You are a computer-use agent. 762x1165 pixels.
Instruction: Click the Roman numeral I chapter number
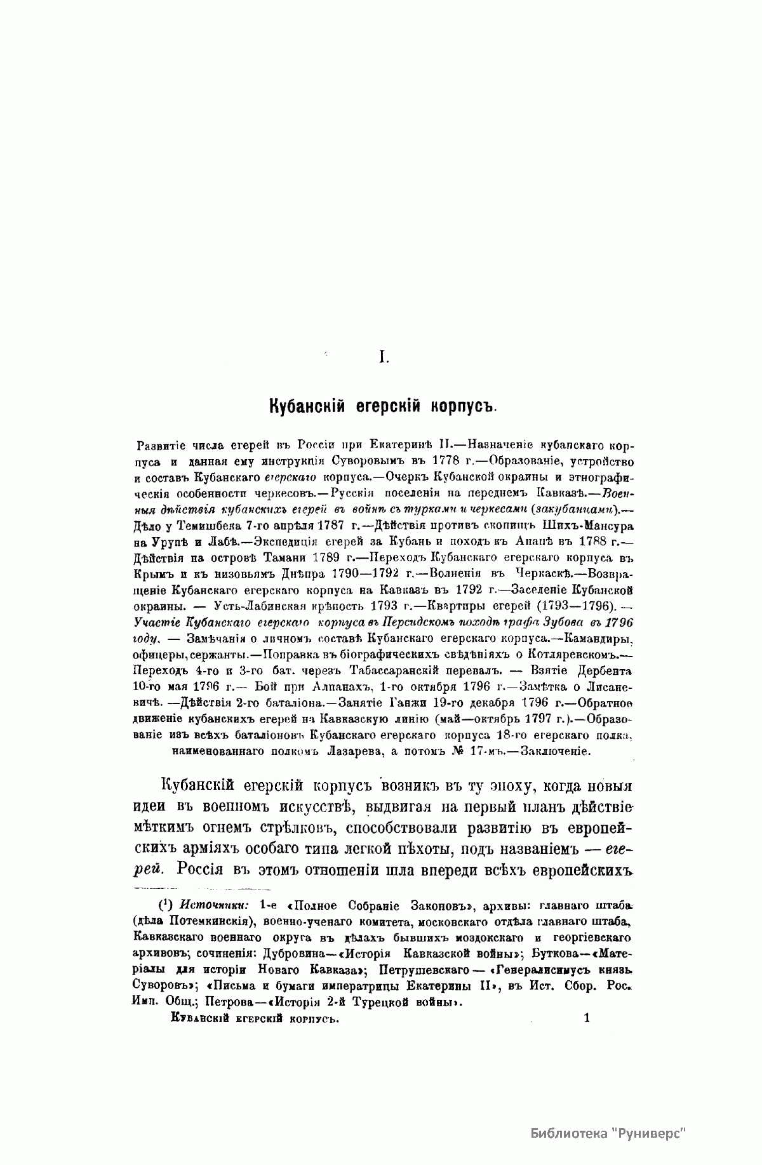click(x=383, y=358)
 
